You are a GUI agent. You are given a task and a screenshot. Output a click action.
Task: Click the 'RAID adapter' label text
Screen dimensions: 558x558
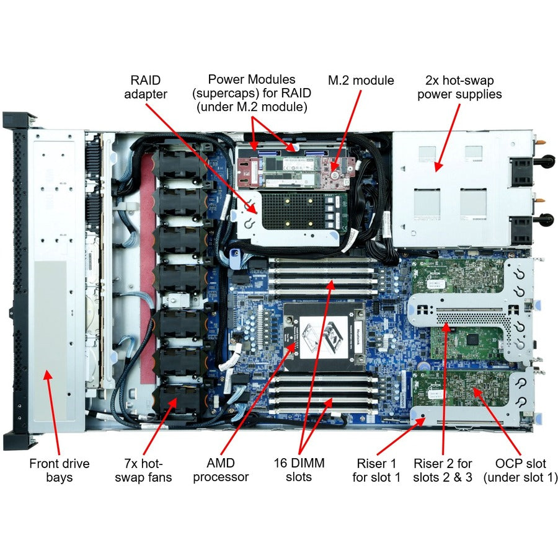click(146, 87)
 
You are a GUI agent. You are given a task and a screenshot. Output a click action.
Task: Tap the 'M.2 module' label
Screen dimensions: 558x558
click(361, 81)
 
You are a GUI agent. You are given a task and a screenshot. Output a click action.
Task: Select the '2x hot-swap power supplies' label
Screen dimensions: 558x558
click(459, 87)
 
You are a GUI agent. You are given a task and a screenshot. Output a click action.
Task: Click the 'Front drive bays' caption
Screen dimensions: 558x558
click(59, 470)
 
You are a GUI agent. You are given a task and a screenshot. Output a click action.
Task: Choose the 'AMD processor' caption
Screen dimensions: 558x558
click(221, 470)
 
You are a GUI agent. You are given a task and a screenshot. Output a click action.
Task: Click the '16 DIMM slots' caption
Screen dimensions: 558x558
click(299, 470)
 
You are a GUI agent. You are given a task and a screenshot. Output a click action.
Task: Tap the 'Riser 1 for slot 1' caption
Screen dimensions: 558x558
click(376, 470)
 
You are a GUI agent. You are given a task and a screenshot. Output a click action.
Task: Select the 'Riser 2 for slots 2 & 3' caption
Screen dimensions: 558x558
click(443, 470)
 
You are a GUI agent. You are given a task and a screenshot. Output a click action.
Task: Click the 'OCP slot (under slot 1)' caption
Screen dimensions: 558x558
click(520, 470)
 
